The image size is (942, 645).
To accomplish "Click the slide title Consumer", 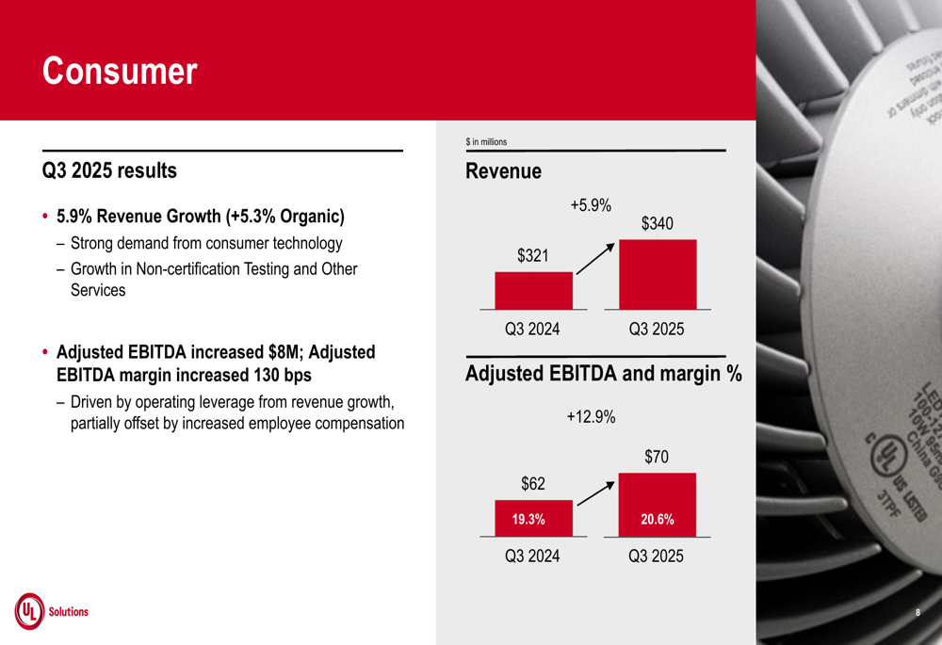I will pyautogui.click(x=120, y=72).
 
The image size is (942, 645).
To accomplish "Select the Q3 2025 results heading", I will pyautogui.click(x=109, y=171).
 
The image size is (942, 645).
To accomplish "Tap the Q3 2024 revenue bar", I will pyautogui.click(x=533, y=290).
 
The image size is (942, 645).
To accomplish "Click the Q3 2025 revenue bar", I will pyautogui.click(x=658, y=274).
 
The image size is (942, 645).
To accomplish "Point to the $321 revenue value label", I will pyautogui.click(x=533, y=255).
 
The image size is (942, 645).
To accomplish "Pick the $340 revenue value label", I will pyautogui.click(x=658, y=224).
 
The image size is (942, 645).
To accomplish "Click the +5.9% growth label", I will pyautogui.click(x=591, y=205).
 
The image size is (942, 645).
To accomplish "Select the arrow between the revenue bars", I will pyautogui.click(x=595, y=259).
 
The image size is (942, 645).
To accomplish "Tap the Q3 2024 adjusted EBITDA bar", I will pyautogui.click(x=533, y=518).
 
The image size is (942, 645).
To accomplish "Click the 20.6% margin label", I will pyautogui.click(x=658, y=519).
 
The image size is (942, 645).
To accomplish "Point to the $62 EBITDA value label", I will pyautogui.click(x=533, y=484).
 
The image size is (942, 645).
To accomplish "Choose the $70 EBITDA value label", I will pyautogui.click(x=658, y=457).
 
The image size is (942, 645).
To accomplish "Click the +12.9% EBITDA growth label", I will pyautogui.click(x=591, y=416).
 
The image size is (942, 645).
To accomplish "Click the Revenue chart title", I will pyautogui.click(x=503, y=171).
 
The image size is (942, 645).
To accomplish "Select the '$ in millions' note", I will pyautogui.click(x=486, y=142).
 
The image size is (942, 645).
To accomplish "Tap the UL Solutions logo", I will pyautogui.click(x=52, y=611).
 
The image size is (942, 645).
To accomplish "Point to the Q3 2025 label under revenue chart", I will pyautogui.click(x=657, y=330).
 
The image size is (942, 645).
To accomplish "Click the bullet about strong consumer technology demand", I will pyautogui.click(x=206, y=244).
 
